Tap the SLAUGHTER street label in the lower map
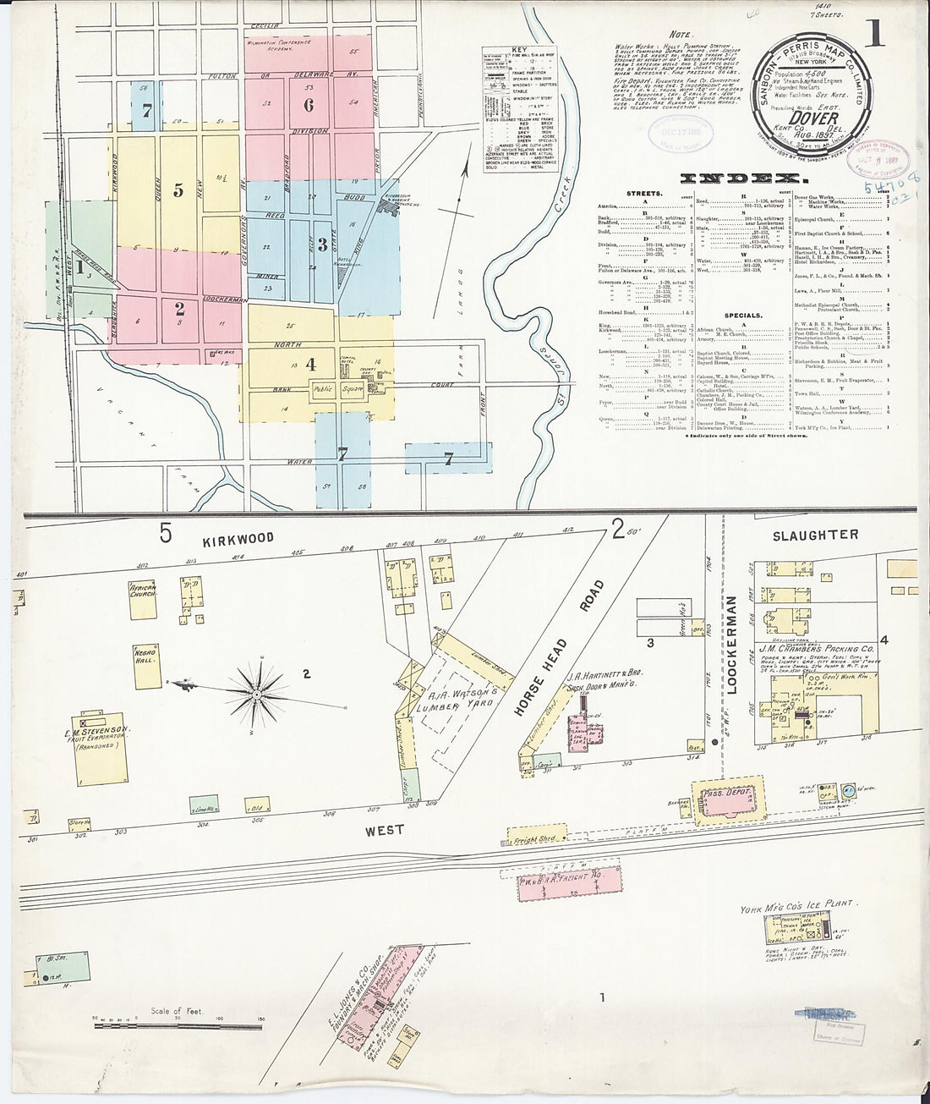coord(815,535)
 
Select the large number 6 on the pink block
coord(309,106)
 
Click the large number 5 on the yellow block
coord(178,190)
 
